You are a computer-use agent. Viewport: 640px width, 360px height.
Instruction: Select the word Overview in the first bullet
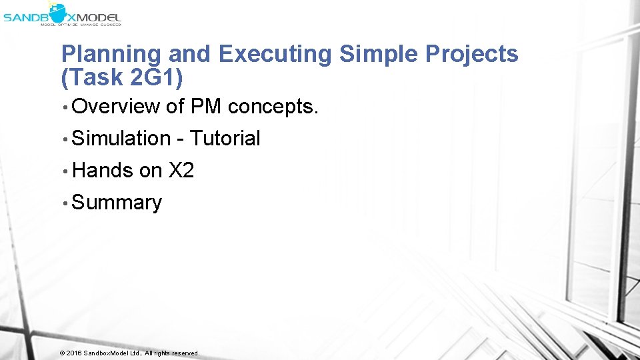coord(116,106)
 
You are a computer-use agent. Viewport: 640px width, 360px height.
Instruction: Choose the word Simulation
coord(121,138)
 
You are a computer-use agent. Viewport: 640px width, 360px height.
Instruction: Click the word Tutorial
coord(225,138)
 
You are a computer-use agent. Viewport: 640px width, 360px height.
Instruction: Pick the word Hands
coord(103,170)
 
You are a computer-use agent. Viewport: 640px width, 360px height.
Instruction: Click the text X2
coord(181,170)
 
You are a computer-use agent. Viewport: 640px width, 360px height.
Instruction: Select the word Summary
coord(117,203)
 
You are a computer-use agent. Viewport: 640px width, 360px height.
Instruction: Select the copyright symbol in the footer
coord(62,353)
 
